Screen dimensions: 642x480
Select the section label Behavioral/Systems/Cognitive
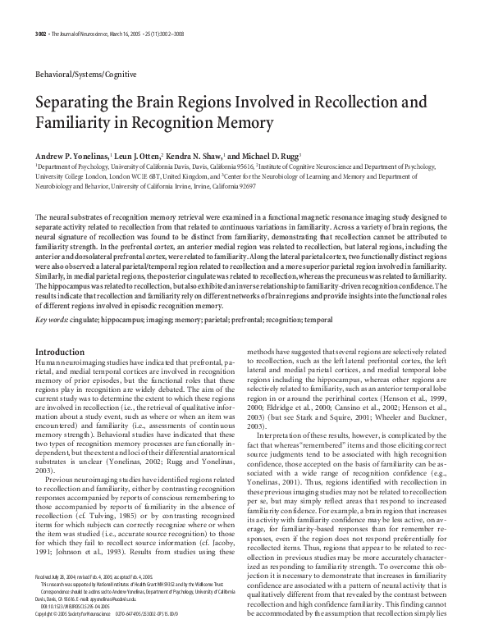coord(82,74)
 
